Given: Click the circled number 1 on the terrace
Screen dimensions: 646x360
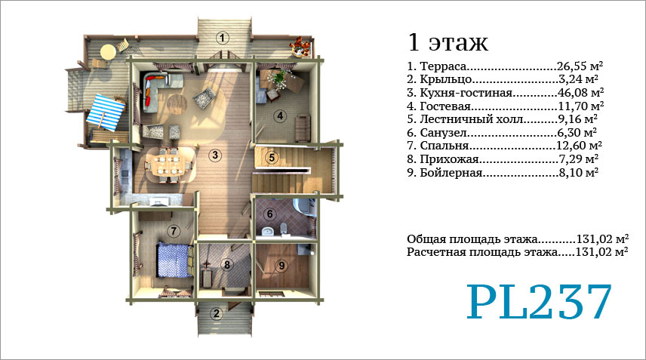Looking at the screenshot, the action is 223,38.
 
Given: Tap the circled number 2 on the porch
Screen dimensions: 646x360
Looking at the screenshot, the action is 217,314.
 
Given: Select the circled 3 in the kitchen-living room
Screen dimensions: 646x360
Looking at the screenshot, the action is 214,155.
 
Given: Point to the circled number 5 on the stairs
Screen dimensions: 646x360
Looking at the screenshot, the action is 272,157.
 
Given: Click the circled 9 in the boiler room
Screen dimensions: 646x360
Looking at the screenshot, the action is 281,266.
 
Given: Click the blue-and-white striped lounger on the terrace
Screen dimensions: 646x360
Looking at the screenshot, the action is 106,112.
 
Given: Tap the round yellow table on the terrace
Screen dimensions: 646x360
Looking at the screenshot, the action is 108,52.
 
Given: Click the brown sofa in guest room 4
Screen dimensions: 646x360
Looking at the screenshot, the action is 303,128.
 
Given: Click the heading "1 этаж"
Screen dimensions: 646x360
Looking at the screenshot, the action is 448,42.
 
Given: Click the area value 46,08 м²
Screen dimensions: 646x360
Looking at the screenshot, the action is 581,92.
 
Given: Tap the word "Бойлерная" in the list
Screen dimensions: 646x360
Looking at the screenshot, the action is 451,172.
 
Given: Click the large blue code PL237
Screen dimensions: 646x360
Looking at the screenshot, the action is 539,302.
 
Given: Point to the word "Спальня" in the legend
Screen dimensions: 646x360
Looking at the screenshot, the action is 444,146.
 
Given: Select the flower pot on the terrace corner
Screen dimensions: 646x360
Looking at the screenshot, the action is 302,46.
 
